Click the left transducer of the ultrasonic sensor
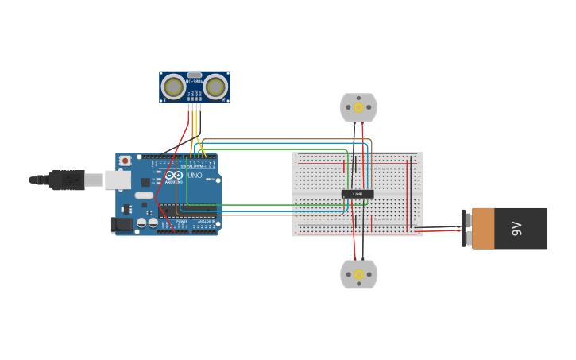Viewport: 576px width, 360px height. click(x=173, y=86)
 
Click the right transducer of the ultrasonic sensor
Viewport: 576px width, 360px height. click(x=215, y=86)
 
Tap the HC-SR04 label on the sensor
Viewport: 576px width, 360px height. click(x=194, y=80)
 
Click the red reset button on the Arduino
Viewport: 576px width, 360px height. click(x=125, y=161)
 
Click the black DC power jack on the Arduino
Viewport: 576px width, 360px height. click(x=122, y=225)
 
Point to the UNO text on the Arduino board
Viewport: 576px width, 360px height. click(x=195, y=175)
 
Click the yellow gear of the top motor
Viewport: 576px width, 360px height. click(x=358, y=107)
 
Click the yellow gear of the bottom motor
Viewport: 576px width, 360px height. click(x=358, y=275)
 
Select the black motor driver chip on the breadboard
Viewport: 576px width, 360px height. click(x=358, y=194)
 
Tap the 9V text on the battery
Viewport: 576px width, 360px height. click(x=516, y=229)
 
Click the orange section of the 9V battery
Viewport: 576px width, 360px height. click(x=483, y=229)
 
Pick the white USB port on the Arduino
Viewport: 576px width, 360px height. click(x=118, y=180)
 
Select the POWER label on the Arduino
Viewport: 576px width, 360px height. click(x=182, y=221)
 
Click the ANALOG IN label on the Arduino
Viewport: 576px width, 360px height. click(x=204, y=221)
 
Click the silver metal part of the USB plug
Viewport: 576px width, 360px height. click(x=94, y=180)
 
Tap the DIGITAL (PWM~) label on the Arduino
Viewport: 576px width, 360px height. click(x=193, y=166)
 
